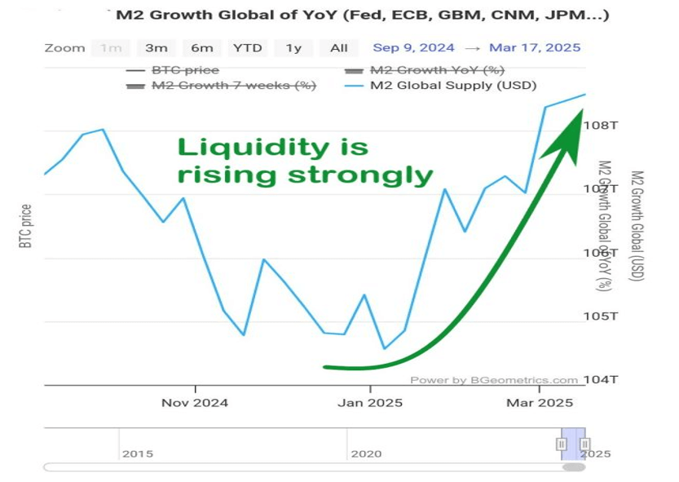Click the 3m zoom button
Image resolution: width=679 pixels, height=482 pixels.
pos(156,48)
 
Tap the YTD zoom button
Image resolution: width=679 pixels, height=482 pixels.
pos(247,48)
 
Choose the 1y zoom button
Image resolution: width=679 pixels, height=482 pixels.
pos(293,48)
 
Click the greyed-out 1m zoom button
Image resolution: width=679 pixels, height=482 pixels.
pos(110,48)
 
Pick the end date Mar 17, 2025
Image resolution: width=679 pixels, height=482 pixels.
pos(535,48)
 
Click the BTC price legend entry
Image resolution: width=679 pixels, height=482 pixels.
pos(184,70)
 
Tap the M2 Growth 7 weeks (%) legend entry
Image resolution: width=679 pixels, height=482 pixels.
pos(233,86)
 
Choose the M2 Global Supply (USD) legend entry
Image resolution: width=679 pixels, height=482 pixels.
pos(452,86)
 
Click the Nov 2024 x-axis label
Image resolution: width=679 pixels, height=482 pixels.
pos(194,403)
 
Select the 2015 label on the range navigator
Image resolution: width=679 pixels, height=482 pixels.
pos(136,453)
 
